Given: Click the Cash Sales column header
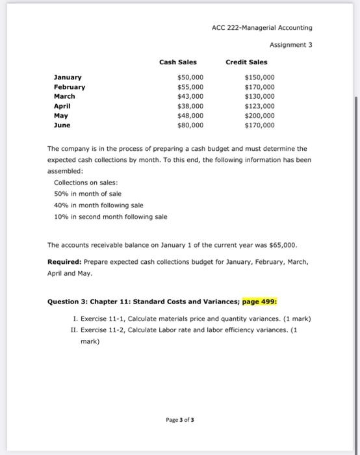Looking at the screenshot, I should [x=178, y=62].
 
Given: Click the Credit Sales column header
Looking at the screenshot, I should [x=246, y=62].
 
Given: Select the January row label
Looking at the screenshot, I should [x=68, y=77].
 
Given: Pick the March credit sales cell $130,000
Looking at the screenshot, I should [x=259, y=96].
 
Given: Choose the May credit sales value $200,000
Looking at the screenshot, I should [x=259, y=115].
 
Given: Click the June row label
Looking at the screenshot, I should [x=62, y=125].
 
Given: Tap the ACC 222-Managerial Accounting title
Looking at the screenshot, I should [x=262, y=28].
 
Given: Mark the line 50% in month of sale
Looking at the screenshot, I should [x=88, y=194].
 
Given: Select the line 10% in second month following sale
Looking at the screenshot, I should [x=110, y=216].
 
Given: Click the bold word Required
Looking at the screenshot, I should [x=64, y=263].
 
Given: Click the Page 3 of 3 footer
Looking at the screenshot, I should [x=179, y=419].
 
